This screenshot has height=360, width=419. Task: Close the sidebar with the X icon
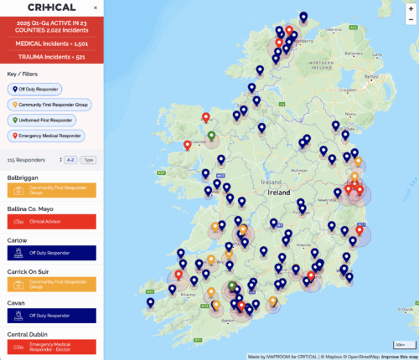point(95,8)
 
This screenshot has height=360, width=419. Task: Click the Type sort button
point(89,159)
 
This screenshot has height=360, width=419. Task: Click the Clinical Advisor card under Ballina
point(52,222)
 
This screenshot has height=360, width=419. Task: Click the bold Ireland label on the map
point(278,192)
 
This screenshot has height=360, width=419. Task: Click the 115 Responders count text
point(23,159)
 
